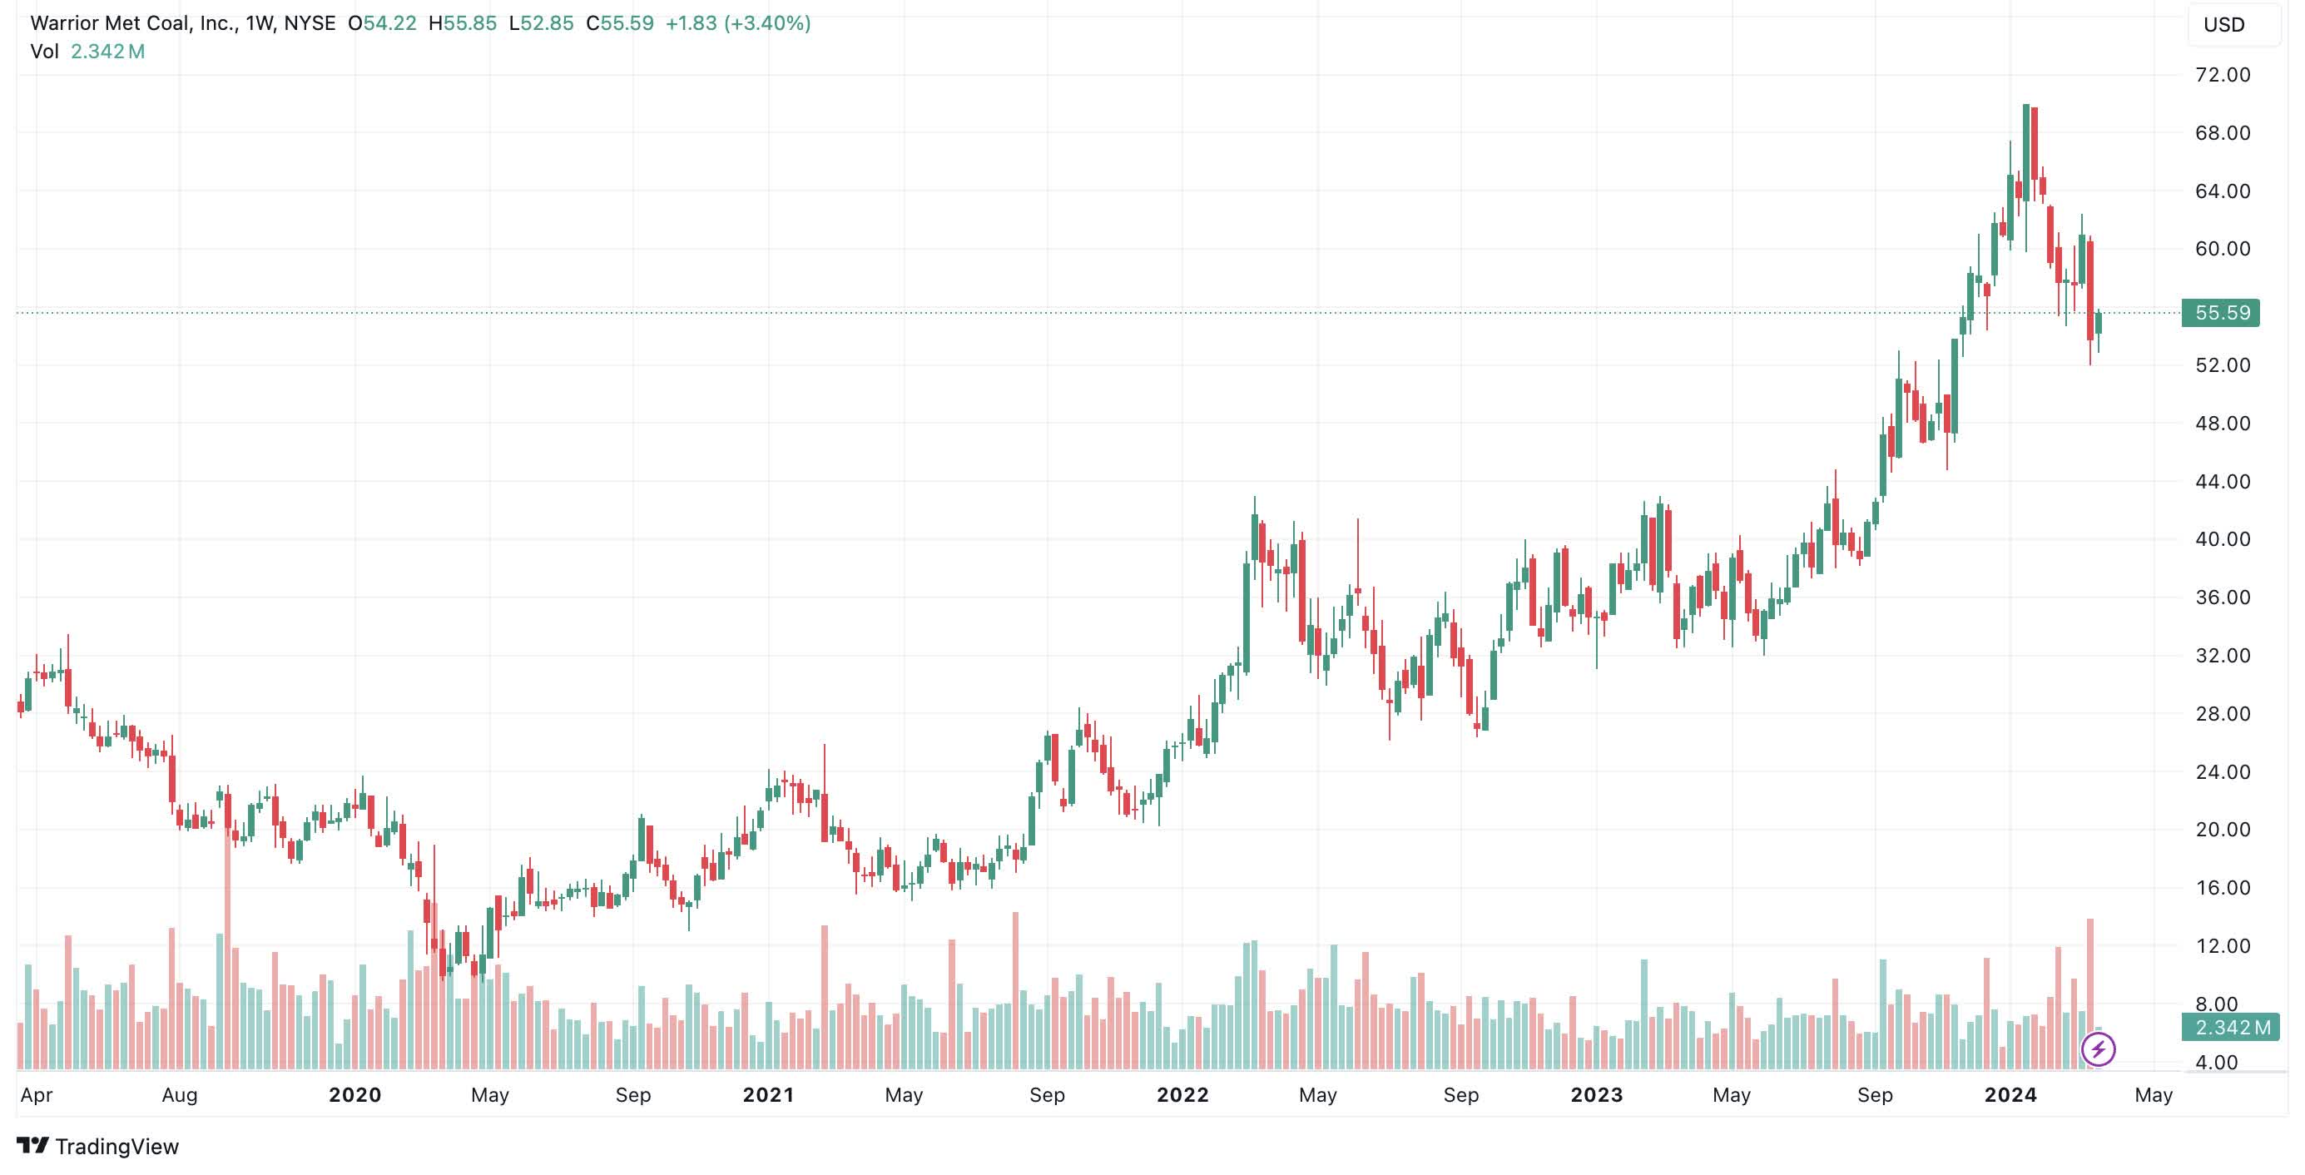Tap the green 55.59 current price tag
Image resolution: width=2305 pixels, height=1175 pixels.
click(2221, 313)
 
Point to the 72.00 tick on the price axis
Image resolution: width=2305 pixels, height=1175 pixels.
click(2222, 75)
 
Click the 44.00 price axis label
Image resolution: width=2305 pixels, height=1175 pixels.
click(2222, 482)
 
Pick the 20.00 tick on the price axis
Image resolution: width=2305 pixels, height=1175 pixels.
click(2222, 830)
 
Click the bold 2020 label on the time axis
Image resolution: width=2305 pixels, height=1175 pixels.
click(354, 1094)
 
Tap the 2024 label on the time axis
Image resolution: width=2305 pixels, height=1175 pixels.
click(2010, 1094)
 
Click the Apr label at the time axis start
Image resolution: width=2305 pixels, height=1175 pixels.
click(37, 1094)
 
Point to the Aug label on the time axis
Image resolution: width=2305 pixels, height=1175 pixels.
click(179, 1094)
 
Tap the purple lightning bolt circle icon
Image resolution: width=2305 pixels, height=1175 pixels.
click(2099, 1049)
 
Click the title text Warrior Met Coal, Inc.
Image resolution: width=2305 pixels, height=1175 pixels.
click(133, 23)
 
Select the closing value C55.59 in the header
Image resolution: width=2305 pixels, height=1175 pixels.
click(619, 23)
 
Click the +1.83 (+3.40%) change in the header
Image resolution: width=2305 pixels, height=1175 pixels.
click(737, 23)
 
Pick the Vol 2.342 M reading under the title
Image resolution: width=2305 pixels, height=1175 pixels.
click(87, 52)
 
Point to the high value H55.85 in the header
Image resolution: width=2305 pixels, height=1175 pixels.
click(463, 23)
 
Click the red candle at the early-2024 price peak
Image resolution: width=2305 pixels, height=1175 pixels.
click(2035, 143)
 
